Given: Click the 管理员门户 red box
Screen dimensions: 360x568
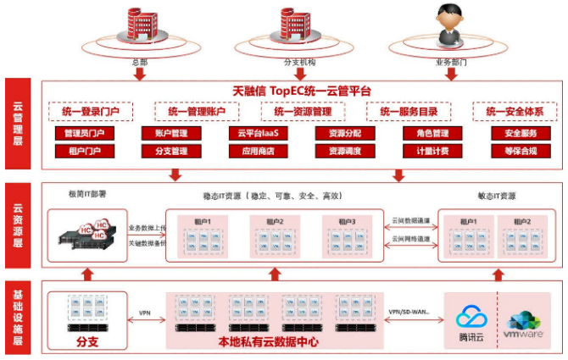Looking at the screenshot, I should click(83, 134).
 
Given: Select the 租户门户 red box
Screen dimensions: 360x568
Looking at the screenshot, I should click(83, 151).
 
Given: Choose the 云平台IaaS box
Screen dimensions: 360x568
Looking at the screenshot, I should click(258, 134).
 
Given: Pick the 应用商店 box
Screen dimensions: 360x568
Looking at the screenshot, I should click(258, 151).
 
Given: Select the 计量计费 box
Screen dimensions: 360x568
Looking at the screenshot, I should click(426, 151).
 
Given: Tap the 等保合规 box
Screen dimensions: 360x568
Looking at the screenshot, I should click(515, 151).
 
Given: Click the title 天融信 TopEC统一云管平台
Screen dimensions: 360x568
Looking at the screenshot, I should click(302, 91).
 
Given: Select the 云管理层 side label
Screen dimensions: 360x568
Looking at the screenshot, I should click(18, 125).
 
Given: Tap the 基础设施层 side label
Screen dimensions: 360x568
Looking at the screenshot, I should click(18, 318).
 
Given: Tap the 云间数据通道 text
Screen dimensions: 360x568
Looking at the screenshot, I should click(411, 220).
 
